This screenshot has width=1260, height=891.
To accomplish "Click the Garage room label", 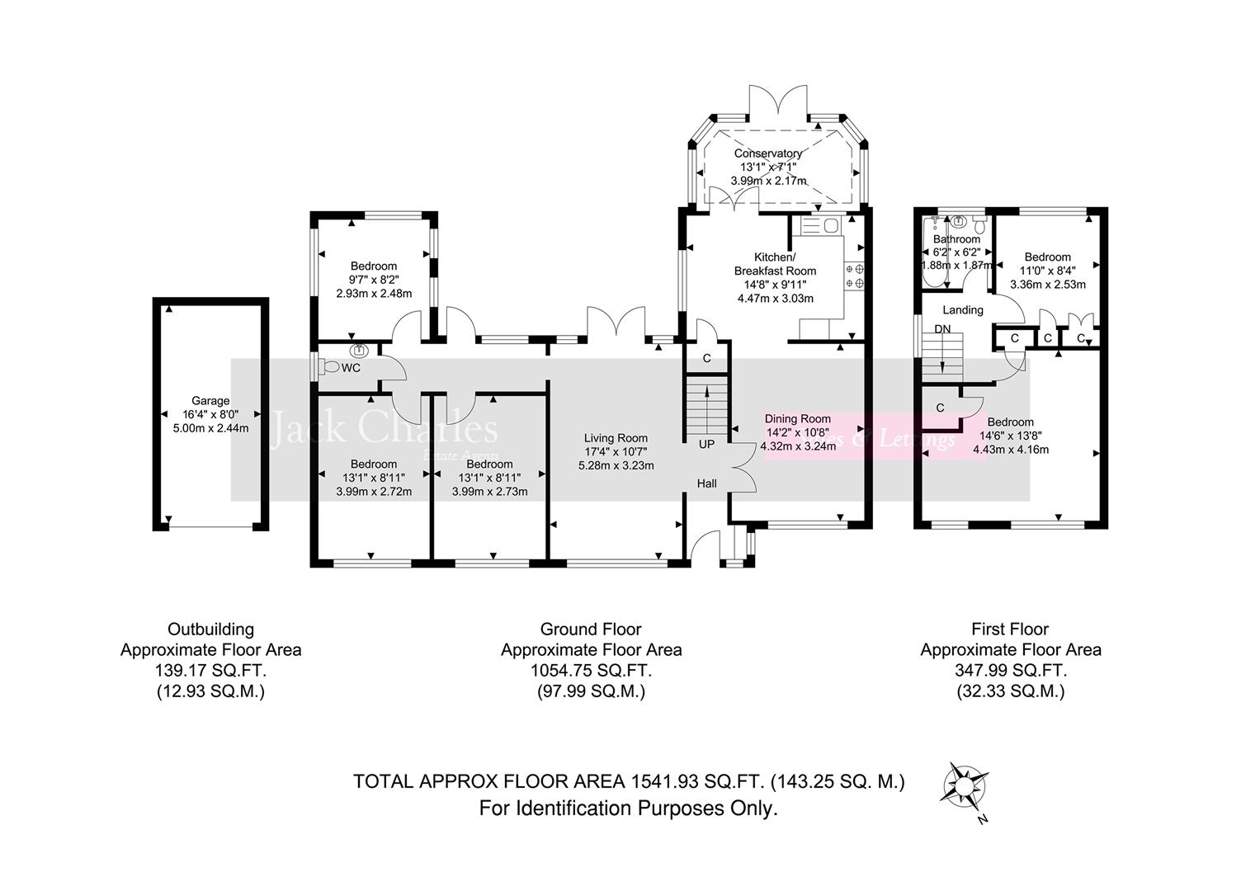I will click(210, 401).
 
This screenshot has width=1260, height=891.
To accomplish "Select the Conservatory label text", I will click(767, 153).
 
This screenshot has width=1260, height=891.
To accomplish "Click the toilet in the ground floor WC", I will click(329, 366).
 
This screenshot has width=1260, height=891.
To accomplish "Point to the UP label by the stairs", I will click(706, 444).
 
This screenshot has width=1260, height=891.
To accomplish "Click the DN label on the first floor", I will click(942, 329).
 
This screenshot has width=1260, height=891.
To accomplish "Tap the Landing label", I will click(963, 310).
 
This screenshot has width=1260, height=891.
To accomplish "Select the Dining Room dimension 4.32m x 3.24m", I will click(798, 446).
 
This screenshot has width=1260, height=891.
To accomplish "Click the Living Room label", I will click(616, 438).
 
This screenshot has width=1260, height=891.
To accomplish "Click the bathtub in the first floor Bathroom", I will click(932, 252).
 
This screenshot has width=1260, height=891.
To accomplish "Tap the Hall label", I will click(706, 483).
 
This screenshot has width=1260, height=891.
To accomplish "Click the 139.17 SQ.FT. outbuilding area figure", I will click(210, 671).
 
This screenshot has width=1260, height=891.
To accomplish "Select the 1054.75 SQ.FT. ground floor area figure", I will click(591, 671).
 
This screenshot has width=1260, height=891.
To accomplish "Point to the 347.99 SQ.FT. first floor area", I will click(1010, 671).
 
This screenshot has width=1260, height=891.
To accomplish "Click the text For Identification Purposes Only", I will click(629, 808).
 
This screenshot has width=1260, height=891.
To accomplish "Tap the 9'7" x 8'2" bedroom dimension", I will click(374, 280).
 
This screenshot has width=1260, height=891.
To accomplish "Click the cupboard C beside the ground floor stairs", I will click(706, 359).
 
